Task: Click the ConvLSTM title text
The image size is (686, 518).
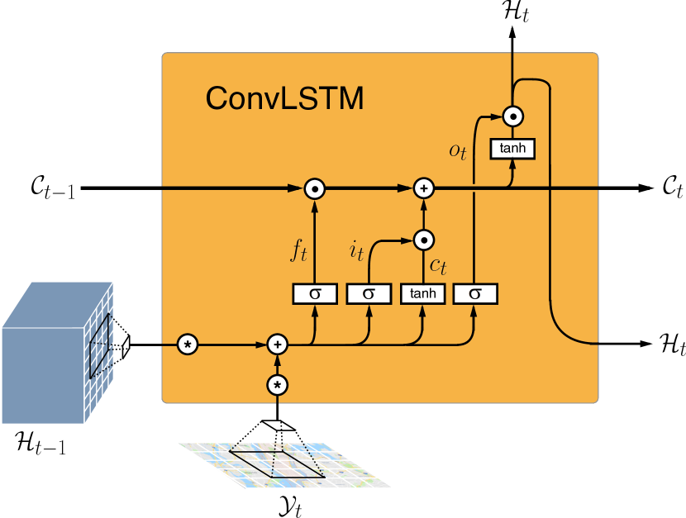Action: [283, 98]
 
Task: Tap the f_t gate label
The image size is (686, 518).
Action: [298, 251]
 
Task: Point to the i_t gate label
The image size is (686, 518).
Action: [356, 251]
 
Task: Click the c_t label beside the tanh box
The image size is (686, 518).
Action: [438, 266]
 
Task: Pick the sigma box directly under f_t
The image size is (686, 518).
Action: [315, 293]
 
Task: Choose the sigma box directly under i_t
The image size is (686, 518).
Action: [369, 293]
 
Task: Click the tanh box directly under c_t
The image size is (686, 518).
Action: [422, 293]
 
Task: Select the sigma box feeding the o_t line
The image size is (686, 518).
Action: [476, 293]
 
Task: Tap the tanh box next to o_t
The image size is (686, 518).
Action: [512, 149]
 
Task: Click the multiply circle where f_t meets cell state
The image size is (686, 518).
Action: [315, 188]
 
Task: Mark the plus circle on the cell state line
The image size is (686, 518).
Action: [422, 188]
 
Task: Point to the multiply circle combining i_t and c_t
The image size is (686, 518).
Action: [422, 240]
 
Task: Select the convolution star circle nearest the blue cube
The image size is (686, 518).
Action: [188, 344]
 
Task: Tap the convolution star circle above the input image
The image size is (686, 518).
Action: [278, 385]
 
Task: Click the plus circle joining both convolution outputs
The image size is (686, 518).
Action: [278, 344]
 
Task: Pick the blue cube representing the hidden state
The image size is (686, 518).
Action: [50, 355]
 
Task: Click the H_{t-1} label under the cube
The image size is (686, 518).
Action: [41, 447]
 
